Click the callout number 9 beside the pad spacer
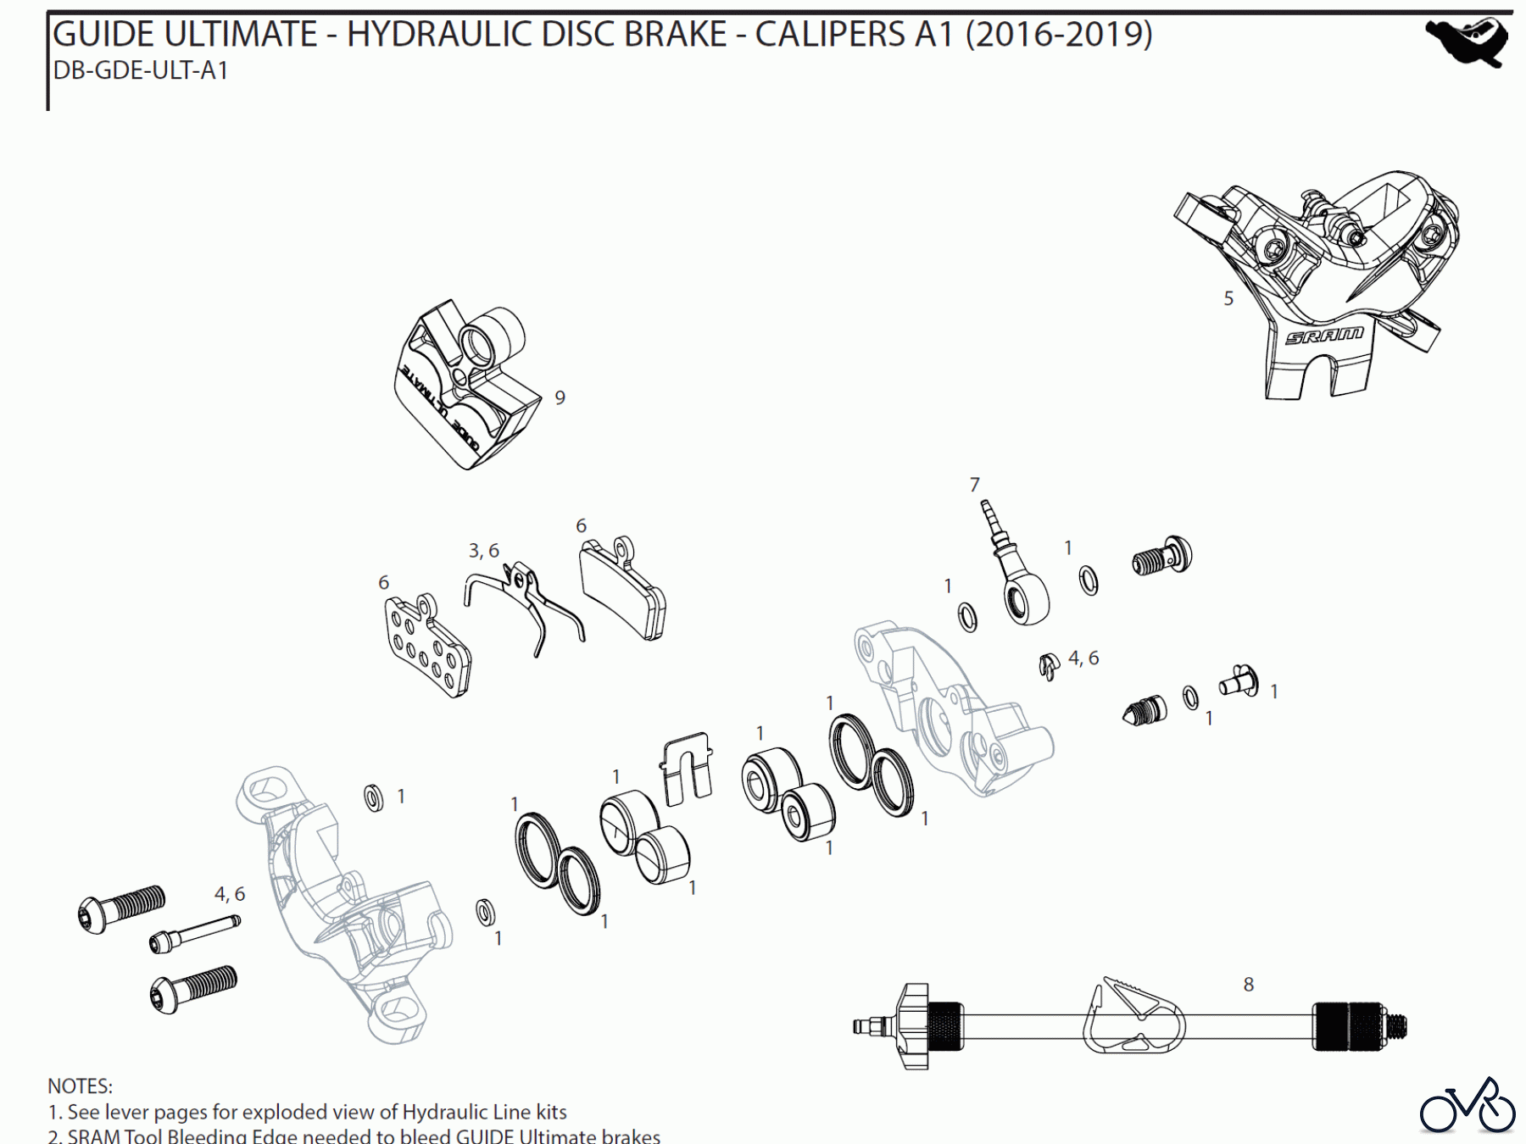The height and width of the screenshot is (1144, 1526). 560,397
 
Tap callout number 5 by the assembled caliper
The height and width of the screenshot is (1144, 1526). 1228,298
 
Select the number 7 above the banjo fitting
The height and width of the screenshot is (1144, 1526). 974,485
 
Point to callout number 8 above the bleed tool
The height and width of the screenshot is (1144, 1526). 1248,985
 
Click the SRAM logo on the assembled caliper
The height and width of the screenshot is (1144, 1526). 1323,336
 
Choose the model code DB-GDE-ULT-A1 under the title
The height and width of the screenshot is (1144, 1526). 141,70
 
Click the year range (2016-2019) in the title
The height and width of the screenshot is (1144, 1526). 1059,35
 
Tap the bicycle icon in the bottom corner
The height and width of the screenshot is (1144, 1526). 1468,1108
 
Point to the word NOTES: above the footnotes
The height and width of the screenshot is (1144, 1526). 80,1086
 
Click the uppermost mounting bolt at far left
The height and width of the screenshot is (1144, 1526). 121,908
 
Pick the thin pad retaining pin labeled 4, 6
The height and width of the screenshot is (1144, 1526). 194,933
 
